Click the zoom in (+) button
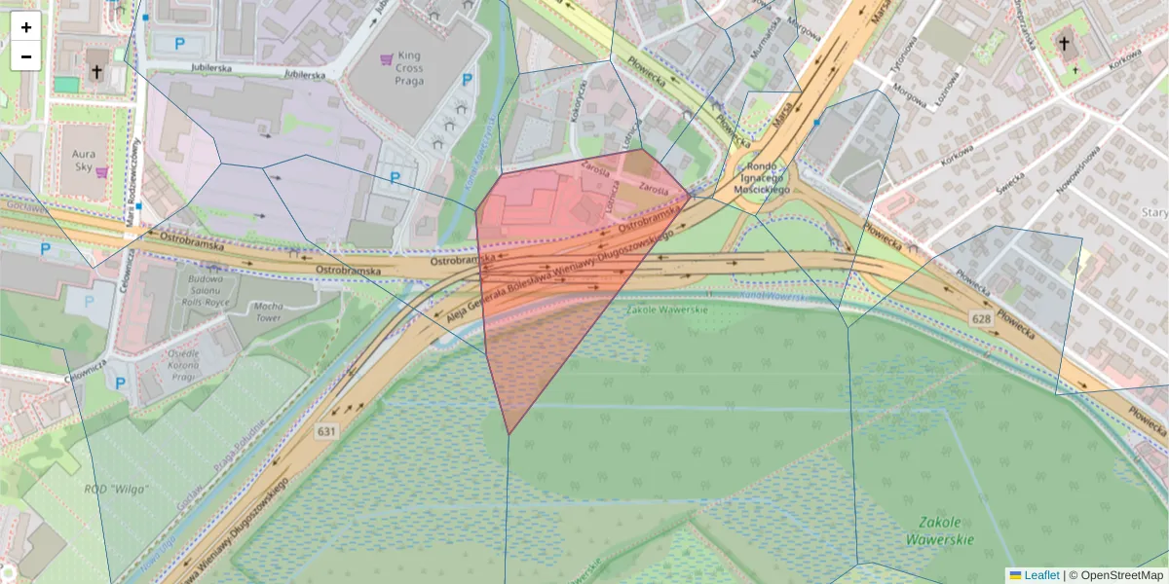click(x=26, y=27)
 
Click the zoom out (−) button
click(x=26, y=56)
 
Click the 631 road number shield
click(x=326, y=430)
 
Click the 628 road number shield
click(x=980, y=318)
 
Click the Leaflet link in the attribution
click(x=1039, y=575)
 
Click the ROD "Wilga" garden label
click(x=117, y=490)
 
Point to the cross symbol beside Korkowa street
click(x=1064, y=44)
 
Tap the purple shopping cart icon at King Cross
click(x=388, y=58)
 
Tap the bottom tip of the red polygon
click(x=509, y=433)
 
